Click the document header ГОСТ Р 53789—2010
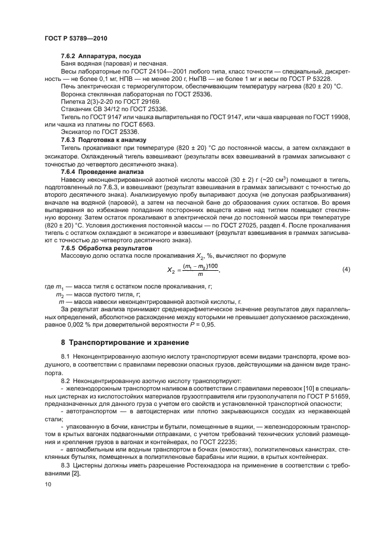tap(75, 38)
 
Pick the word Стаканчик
tap(76, 109)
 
